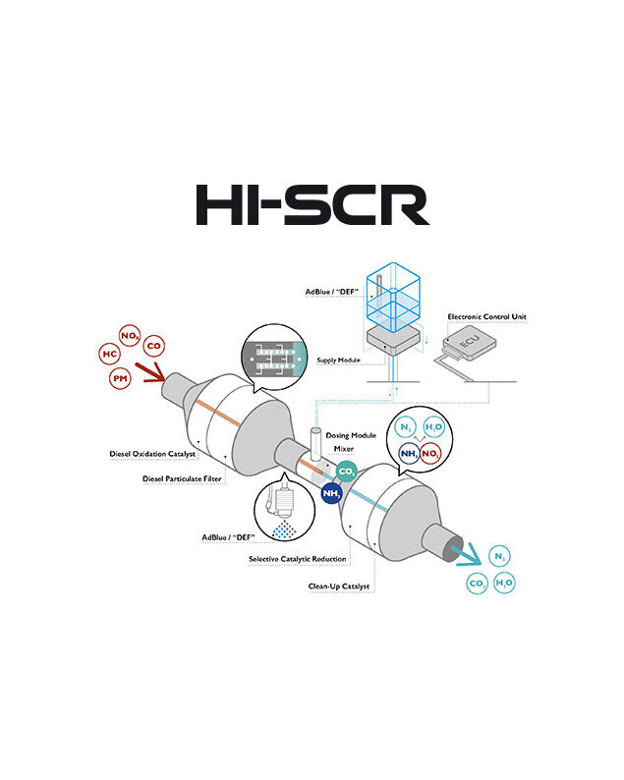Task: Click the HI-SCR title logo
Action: [x=312, y=203]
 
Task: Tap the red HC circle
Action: [x=109, y=354]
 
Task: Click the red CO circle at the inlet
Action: [x=153, y=346]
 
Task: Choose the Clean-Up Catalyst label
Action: [x=339, y=586]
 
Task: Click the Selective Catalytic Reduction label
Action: [x=296, y=559]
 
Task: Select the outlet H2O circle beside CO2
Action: [x=503, y=583]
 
